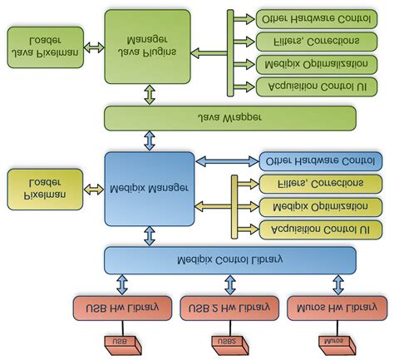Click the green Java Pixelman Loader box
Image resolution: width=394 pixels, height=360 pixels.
click(x=45, y=47)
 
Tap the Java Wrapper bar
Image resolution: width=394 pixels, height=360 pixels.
click(x=229, y=118)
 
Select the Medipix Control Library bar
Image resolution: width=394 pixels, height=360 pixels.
click(x=229, y=259)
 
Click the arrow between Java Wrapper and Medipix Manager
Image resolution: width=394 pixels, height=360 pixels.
click(x=150, y=141)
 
